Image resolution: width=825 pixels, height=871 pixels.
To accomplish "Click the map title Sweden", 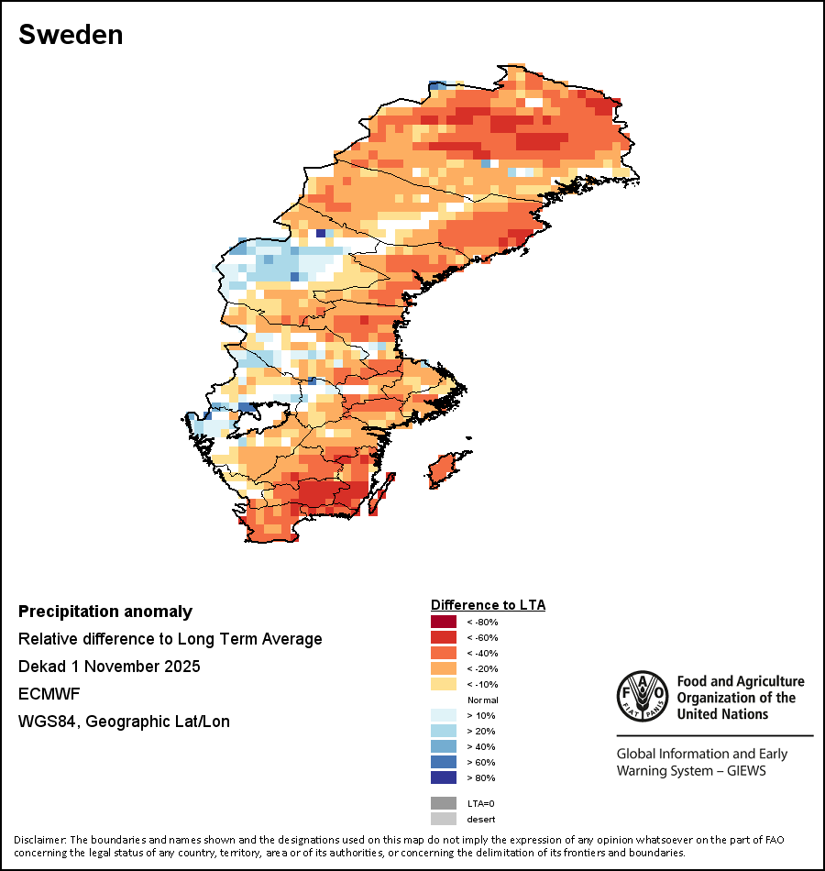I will (71, 35).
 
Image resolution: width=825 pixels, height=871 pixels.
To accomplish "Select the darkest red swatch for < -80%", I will (444, 623).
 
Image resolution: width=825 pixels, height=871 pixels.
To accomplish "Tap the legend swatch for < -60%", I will (444, 638).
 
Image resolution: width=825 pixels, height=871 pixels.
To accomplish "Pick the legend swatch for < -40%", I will (444, 654).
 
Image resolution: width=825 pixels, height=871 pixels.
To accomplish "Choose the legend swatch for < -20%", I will (444, 669).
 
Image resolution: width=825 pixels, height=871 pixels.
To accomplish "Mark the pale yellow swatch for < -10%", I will (444, 685).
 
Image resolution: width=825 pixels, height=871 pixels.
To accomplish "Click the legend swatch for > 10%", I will (444, 716).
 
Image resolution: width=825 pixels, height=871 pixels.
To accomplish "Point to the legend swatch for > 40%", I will (444, 747).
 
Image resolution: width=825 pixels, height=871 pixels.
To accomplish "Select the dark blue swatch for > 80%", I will (444, 778).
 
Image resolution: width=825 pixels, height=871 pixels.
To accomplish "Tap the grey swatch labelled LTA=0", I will (444, 803).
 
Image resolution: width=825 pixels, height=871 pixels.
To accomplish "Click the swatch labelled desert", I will (444, 819).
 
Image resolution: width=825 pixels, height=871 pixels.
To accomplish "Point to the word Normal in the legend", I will (482, 700).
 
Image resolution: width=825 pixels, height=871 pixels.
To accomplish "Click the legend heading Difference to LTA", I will (488, 605).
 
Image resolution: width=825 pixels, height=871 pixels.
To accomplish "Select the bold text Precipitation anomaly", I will (105, 612).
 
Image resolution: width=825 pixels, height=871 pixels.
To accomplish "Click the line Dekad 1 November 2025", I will (109, 667).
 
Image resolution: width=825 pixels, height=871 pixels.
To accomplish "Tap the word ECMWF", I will (47, 694).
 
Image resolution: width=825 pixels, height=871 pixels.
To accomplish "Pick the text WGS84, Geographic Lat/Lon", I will (124, 722).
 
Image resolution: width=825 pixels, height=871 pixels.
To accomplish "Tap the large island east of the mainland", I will (443, 469).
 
